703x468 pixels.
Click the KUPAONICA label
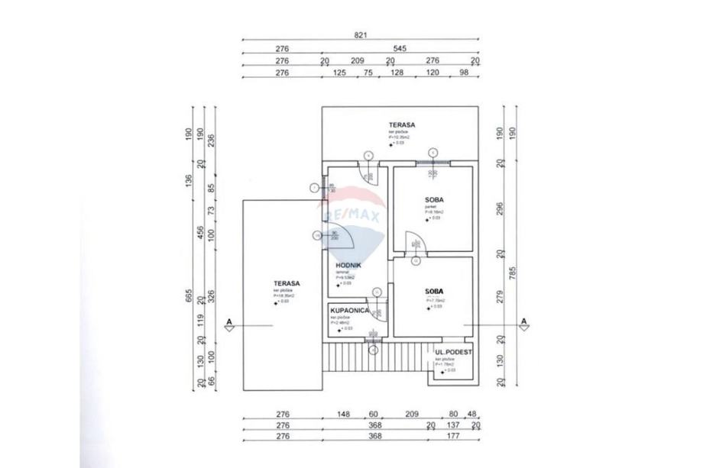coord(350,311)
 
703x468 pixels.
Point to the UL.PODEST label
coord(453,353)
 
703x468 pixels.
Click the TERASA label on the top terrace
coord(401,124)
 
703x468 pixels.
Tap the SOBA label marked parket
coord(435,200)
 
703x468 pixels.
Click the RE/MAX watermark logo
coord(354,216)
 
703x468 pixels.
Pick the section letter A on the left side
coord(228,321)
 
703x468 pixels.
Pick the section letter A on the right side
coord(524,321)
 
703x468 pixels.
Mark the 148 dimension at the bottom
coord(342,415)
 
